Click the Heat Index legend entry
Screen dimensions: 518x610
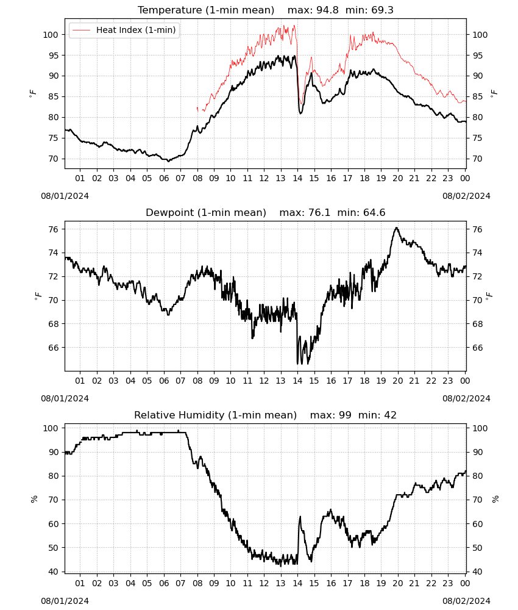124,30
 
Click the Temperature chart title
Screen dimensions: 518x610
206,10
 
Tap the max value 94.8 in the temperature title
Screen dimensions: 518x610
327,10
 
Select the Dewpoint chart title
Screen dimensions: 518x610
206,212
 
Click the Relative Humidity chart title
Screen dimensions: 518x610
215,415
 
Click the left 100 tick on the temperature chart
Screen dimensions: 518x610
51,35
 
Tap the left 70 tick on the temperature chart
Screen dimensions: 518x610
53,159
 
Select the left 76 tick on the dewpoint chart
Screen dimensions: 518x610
53,229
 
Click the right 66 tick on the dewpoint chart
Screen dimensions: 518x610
478,348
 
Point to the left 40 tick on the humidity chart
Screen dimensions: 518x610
53,572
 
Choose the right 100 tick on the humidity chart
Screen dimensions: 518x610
480,428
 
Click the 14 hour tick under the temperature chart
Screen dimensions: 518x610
297,178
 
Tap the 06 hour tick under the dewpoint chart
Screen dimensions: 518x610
164,381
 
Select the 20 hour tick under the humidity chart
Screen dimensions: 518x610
397,583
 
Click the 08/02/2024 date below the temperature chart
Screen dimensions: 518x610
466,196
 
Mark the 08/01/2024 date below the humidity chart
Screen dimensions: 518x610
65,601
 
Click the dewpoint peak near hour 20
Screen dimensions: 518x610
396,228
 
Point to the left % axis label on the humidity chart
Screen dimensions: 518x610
34,499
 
